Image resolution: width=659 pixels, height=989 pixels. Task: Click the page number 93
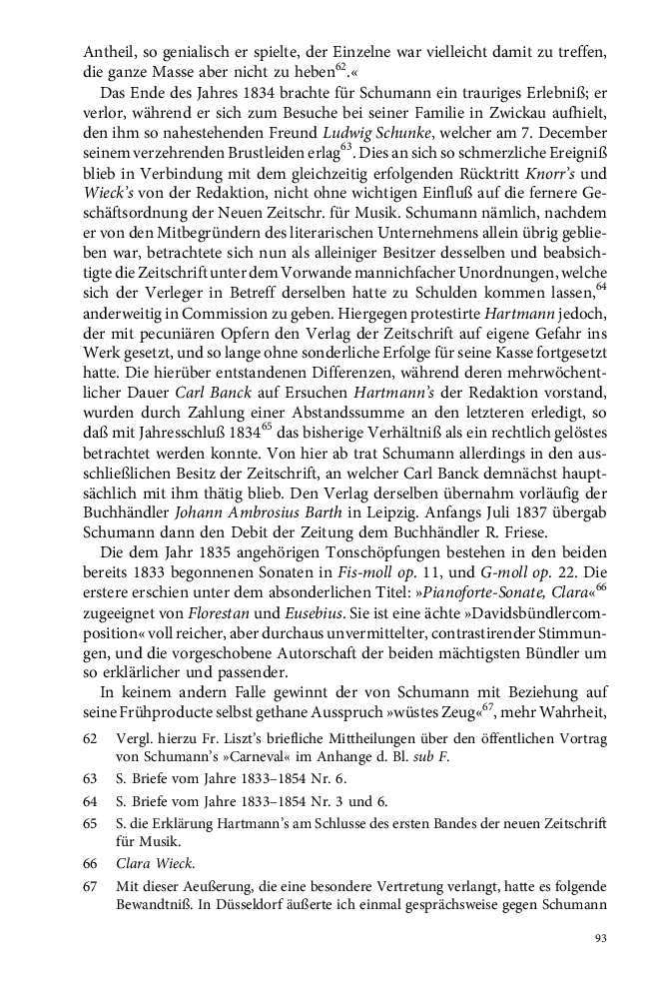[600, 938]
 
